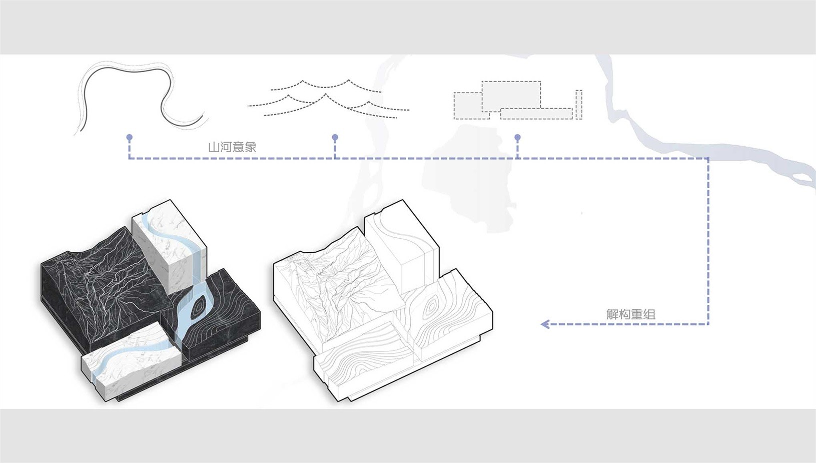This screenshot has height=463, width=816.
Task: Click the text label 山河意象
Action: click(x=232, y=147)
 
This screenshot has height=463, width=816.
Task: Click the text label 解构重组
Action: click(x=630, y=314)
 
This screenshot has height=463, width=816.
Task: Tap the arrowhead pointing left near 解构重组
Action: click(x=545, y=324)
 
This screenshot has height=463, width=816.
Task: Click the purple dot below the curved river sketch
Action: click(x=129, y=138)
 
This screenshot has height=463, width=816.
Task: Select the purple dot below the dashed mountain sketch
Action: click(x=335, y=138)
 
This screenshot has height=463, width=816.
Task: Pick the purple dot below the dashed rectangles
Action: click(x=517, y=138)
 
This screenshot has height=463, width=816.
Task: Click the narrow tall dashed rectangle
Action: click(x=579, y=104)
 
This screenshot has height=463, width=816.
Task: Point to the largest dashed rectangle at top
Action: click(x=511, y=96)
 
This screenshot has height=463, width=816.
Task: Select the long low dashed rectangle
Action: click(x=536, y=114)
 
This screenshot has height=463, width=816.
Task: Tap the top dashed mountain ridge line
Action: click(x=325, y=85)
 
